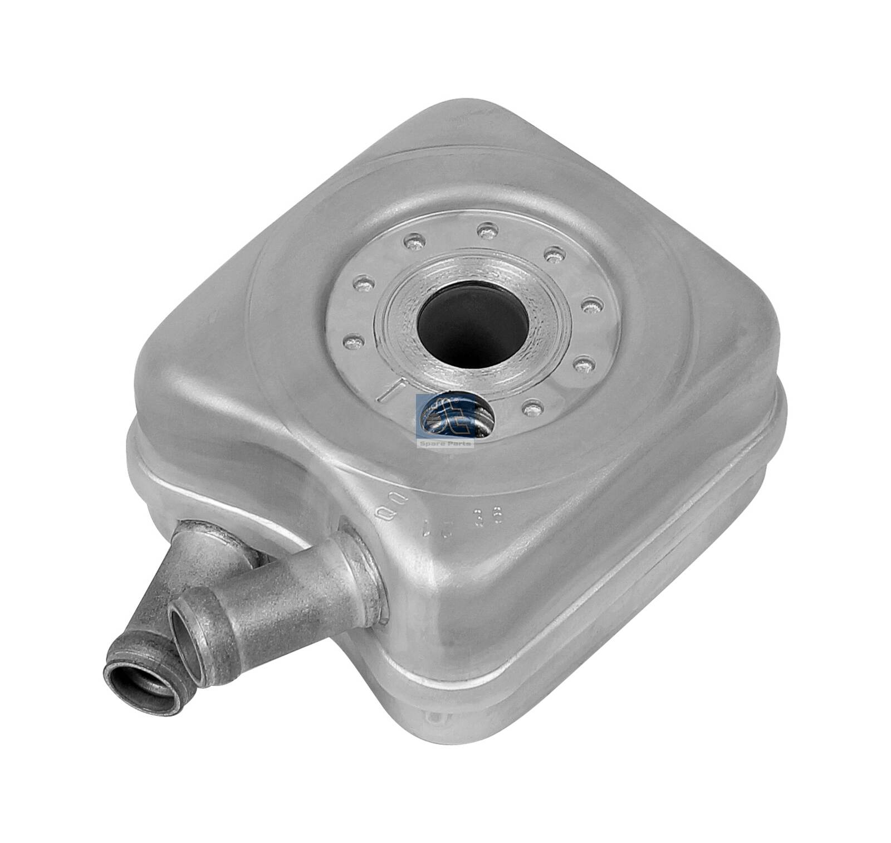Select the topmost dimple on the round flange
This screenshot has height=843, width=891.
pos(487,229)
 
